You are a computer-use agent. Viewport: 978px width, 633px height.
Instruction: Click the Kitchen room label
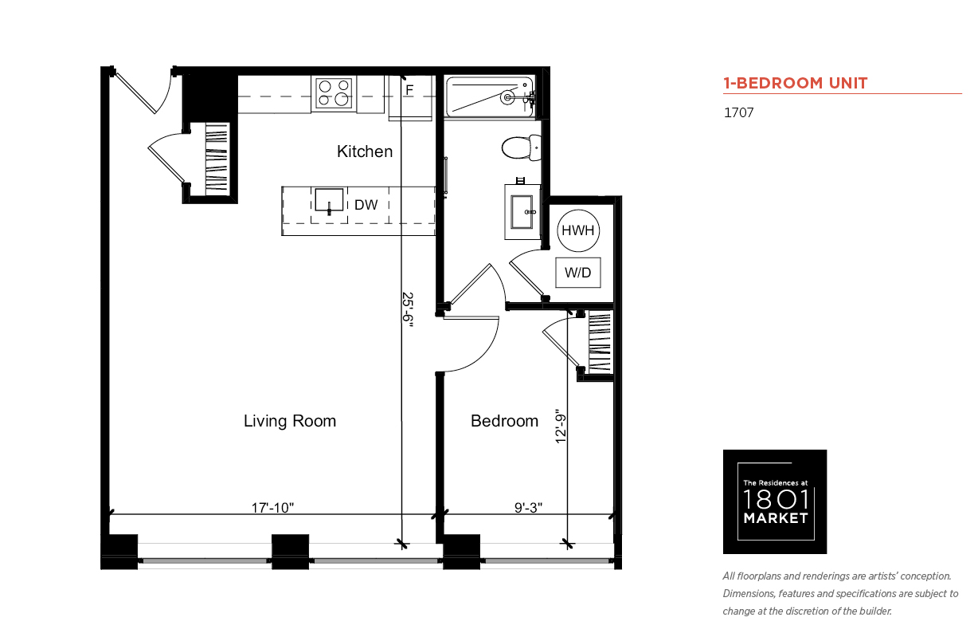pyautogui.click(x=365, y=151)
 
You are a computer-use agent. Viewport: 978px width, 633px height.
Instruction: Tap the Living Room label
pyautogui.click(x=290, y=421)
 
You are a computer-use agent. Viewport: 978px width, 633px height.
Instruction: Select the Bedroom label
pyautogui.click(x=504, y=421)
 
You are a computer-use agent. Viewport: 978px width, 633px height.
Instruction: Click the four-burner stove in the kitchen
pyautogui.click(x=334, y=93)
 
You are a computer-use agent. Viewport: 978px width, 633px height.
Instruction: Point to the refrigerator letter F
pyautogui.click(x=409, y=89)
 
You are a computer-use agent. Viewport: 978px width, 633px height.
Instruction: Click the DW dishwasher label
pyautogui.click(x=366, y=205)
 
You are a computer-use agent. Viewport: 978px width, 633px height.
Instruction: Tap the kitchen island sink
pyautogui.click(x=329, y=201)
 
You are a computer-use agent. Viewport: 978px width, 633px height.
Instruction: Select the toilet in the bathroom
pyautogui.click(x=522, y=147)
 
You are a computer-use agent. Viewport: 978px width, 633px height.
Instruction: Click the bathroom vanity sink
pyautogui.click(x=522, y=212)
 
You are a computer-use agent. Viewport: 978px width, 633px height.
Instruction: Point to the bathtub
pyautogui.click(x=490, y=96)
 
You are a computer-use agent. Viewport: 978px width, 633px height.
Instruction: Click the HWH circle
pyautogui.click(x=578, y=230)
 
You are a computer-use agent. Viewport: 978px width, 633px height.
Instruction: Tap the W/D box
pyautogui.click(x=578, y=273)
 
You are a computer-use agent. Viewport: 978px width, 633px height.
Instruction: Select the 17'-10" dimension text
pyautogui.click(x=272, y=508)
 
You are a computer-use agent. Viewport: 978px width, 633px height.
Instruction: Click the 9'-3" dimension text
pyautogui.click(x=528, y=508)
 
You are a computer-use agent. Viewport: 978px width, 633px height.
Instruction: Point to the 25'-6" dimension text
pyautogui.click(x=407, y=309)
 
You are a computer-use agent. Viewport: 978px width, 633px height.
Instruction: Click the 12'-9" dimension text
pyautogui.click(x=561, y=427)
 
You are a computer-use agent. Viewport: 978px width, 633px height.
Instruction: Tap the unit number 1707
pyautogui.click(x=739, y=112)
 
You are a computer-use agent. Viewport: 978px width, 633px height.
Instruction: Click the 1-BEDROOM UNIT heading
pyautogui.click(x=796, y=83)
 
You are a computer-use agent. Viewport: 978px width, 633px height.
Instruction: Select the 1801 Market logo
pyautogui.click(x=775, y=501)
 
